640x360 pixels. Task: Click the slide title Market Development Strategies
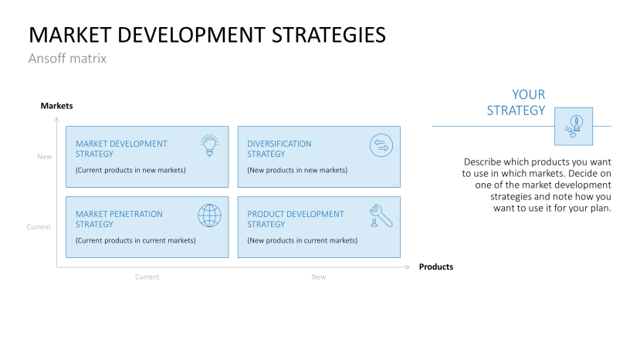pos(207,35)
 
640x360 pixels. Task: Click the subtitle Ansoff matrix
pos(67,58)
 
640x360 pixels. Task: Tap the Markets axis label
pos(56,106)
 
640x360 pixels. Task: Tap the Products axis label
pos(435,267)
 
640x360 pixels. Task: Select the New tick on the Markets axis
pos(44,157)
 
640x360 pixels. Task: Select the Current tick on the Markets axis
pos(39,227)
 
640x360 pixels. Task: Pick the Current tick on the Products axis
pos(147,277)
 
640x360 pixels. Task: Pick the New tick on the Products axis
pos(319,277)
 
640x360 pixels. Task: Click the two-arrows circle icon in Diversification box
pos(381,144)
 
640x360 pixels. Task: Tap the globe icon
pos(209,215)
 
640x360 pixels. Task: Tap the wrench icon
pos(381,215)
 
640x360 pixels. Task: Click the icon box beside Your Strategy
pos(574,126)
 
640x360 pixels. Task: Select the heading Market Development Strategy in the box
pos(121,148)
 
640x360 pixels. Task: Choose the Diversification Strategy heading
pos(279,148)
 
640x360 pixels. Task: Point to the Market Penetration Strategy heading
pos(119,219)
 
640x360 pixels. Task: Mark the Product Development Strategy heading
pos(296,219)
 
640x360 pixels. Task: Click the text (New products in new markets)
pos(297,170)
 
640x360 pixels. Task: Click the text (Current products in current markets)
pos(135,240)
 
